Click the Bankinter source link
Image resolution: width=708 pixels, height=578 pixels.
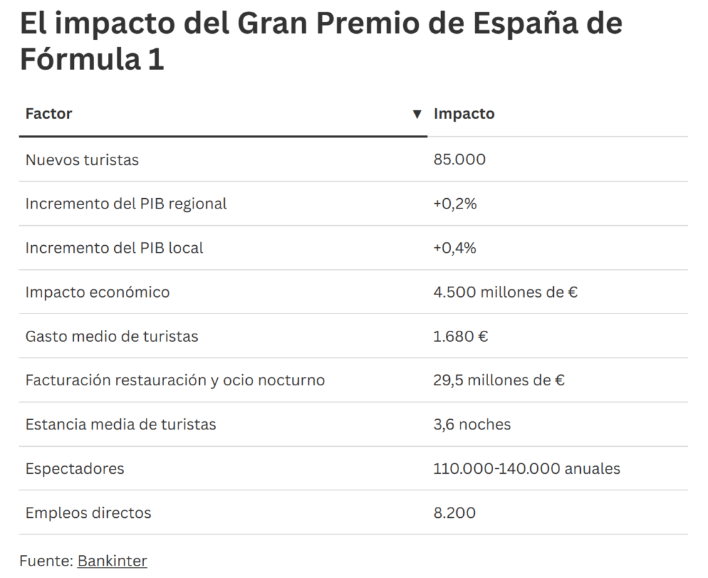[x=112, y=561]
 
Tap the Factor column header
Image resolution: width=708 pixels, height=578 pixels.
[x=48, y=113]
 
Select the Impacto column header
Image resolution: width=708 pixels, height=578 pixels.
[x=464, y=113]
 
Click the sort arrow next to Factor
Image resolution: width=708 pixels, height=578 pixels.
[x=417, y=114]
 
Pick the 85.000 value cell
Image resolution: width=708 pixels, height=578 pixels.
[x=459, y=160]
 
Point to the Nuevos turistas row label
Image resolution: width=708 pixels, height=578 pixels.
[x=82, y=160]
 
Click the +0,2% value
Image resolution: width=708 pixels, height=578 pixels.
[x=455, y=204]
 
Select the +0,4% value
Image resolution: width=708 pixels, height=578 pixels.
[x=455, y=248]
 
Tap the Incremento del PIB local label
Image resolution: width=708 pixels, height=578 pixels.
[x=114, y=248]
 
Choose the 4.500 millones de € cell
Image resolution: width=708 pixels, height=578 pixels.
[x=505, y=292]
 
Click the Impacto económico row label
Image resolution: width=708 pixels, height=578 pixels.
[x=97, y=292]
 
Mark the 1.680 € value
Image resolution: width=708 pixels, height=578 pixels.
[x=460, y=336]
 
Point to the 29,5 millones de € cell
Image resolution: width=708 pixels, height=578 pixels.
[x=499, y=380]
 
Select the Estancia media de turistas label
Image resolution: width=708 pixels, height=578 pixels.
[x=120, y=424]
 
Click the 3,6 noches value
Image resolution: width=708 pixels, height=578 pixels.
[x=472, y=424]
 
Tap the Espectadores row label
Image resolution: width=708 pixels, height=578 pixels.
[x=75, y=468]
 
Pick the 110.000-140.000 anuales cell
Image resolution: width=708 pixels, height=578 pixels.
[x=527, y=468]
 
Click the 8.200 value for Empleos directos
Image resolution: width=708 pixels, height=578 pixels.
[x=454, y=512]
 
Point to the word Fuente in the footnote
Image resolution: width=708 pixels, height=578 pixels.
[x=45, y=561]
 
